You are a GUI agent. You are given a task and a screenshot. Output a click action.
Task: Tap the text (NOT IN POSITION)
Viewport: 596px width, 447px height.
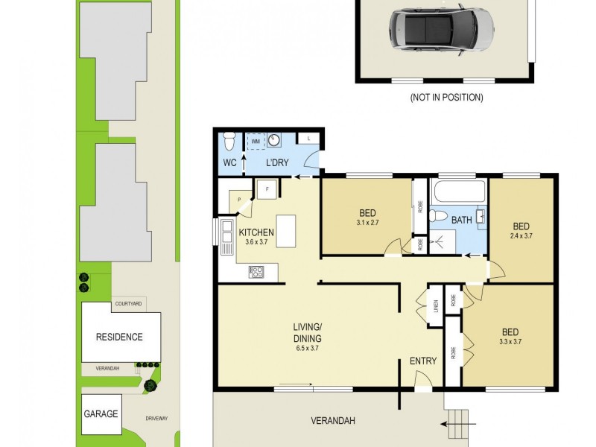click(446, 98)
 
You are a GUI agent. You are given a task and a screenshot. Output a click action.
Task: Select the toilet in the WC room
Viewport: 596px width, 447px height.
click(229, 141)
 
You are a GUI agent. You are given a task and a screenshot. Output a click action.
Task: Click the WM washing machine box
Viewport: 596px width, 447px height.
click(256, 140)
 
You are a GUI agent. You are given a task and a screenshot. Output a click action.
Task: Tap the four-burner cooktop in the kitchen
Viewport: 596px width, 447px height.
click(256, 273)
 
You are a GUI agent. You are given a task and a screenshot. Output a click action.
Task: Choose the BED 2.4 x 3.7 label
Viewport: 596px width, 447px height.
click(521, 230)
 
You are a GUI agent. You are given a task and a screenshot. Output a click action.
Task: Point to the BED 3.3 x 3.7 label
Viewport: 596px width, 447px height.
click(510, 336)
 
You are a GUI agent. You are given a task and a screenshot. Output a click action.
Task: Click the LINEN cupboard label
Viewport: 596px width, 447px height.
click(435, 305)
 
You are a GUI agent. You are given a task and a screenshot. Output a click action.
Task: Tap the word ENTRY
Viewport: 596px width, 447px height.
click(423, 361)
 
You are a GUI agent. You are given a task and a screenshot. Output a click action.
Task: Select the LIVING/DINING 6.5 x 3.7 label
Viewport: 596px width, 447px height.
click(307, 337)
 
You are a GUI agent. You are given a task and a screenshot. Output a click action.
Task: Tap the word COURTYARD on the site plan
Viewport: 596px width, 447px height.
click(129, 304)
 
